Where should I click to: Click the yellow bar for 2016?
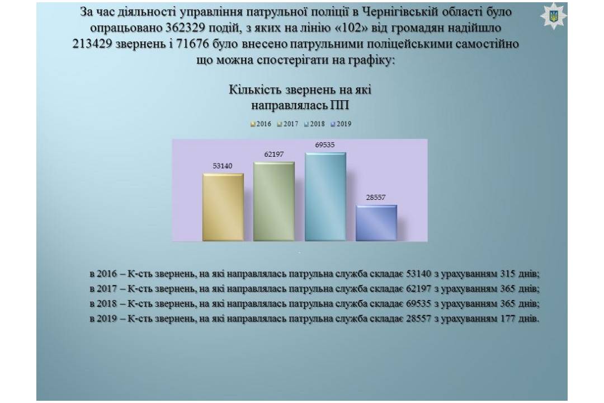pyautogui.click(x=223, y=207)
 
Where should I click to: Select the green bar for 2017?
pyautogui.click(x=274, y=201)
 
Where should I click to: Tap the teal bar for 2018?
pyautogui.click(x=325, y=196)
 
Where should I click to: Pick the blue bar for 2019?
pyautogui.click(x=376, y=223)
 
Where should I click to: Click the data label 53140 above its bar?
pyautogui.click(x=223, y=166)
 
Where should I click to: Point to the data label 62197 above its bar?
pyautogui.click(x=274, y=154)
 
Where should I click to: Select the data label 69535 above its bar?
pyautogui.click(x=325, y=145)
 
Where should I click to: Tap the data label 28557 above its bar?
pyautogui.click(x=376, y=198)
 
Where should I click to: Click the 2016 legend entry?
pyautogui.click(x=261, y=124)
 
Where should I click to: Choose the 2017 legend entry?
pyautogui.click(x=288, y=124)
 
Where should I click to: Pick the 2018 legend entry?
pyautogui.click(x=315, y=124)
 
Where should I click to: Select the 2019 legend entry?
pyautogui.click(x=341, y=124)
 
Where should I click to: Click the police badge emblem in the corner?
pyautogui.click(x=554, y=17)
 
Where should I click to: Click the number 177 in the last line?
pyautogui.click(x=508, y=319)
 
